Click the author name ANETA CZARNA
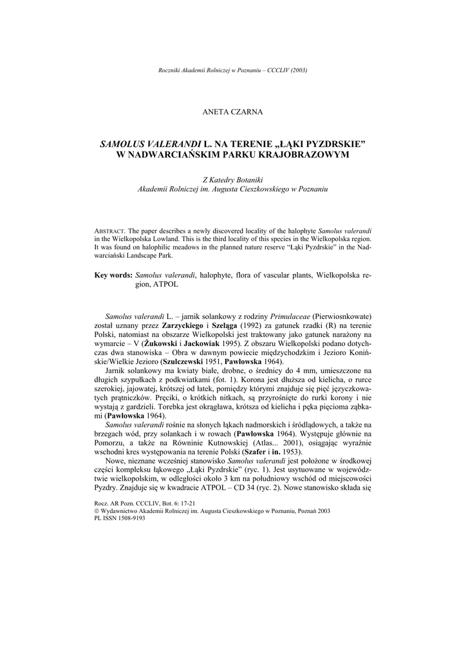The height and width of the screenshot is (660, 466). coord(232,112)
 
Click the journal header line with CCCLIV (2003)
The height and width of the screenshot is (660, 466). coord(232,70)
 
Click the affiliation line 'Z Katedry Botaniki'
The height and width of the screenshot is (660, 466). coord(232,179)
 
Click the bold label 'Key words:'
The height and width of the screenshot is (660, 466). coord(113,275)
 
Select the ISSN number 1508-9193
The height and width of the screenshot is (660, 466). coord(131,518)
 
